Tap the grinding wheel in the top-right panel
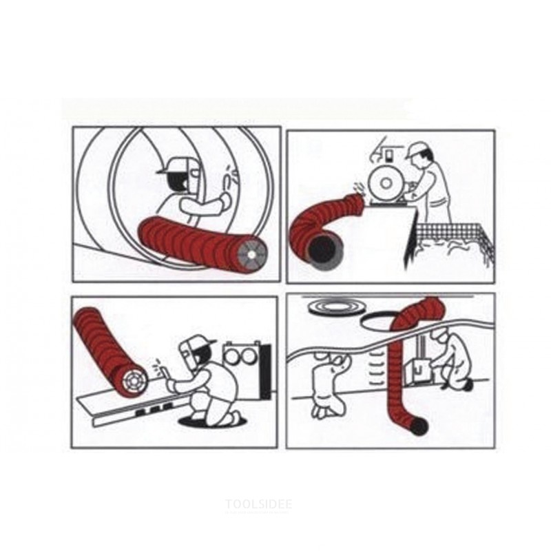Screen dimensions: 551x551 click(x=386, y=183)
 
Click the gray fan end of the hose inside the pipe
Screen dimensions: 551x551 click(x=252, y=253)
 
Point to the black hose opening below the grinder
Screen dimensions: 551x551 click(x=323, y=250)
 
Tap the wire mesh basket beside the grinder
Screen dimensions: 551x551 click(x=453, y=243)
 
